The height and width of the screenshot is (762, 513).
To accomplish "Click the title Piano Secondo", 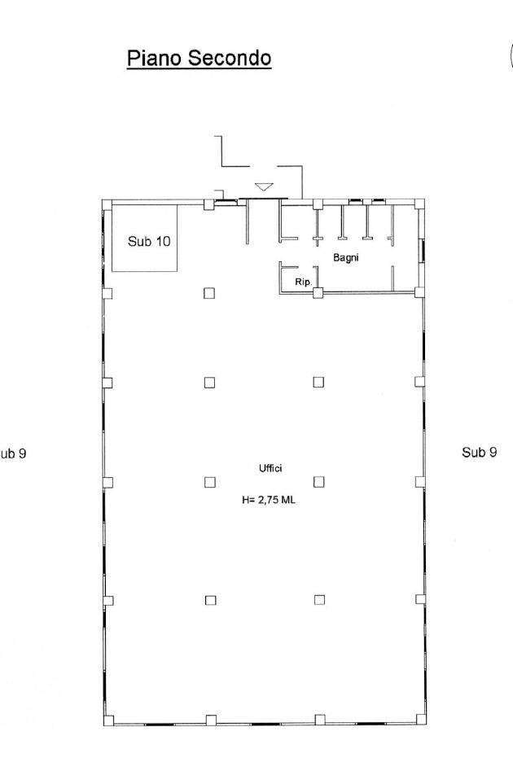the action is pos(199,59).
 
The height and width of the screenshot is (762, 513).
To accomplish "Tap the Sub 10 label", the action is pos(149,241).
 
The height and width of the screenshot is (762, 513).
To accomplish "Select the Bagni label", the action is pos(346,257).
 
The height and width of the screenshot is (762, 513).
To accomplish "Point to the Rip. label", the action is pos(303,282).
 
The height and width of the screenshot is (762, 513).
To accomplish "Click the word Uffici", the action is pos(270,468).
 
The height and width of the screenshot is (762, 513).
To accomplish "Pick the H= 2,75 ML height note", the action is pos(269,500).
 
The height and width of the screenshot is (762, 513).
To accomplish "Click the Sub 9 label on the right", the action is pos(480,453).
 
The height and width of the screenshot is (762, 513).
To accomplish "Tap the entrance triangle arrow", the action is pos(264,186).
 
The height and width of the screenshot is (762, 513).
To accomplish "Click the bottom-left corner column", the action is pos(109,720).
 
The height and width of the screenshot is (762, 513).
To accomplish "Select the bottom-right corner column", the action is pos(421,720).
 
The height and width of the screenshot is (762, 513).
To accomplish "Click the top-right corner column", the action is pos(419,204).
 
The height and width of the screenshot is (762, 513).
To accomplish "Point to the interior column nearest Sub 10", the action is pos(209,293).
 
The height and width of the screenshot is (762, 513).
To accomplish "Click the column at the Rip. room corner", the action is pos(318,292).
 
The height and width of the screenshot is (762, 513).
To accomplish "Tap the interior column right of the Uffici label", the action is pos(319,482).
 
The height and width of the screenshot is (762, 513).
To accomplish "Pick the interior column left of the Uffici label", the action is pos(210,482).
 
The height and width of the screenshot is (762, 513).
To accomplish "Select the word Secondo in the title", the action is pos(230,59).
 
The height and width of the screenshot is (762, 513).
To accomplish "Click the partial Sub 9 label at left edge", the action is pos(13,453).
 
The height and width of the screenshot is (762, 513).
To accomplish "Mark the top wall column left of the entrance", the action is pos(208,204).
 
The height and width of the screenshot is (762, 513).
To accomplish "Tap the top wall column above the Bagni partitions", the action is pos(318,204).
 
